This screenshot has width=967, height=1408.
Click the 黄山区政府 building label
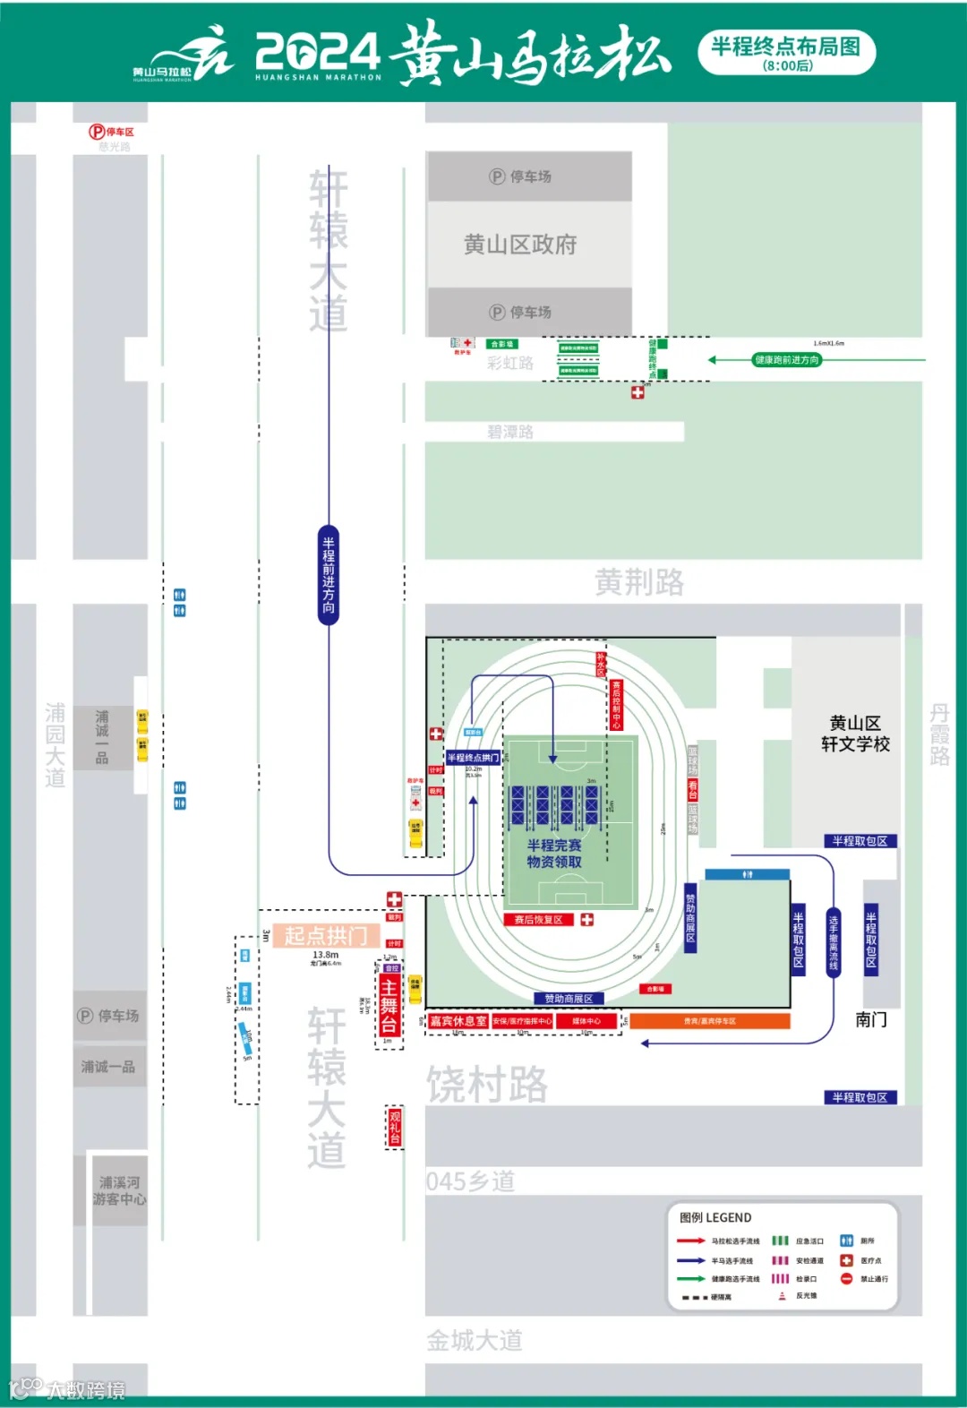point(520,245)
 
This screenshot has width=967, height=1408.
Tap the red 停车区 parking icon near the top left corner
point(97,132)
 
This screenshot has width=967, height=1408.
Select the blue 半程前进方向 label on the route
point(329,574)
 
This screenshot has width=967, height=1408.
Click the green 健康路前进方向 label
point(787,360)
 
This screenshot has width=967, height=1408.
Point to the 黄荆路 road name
point(639,583)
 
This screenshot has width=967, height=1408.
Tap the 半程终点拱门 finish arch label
point(473,758)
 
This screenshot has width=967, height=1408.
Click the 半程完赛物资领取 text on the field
point(554,854)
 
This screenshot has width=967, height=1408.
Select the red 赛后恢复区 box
point(538,920)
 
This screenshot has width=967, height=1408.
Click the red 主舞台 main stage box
point(389,1006)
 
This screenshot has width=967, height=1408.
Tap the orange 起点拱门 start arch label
point(326,936)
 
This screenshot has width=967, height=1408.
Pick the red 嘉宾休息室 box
point(458,1021)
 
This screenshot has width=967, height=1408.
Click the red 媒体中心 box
point(586,1021)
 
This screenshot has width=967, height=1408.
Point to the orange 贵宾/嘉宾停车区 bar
point(710,1021)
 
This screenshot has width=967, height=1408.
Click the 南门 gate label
point(870,1019)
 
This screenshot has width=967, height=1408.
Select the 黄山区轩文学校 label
point(855,734)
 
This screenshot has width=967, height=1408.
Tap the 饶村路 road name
point(487,1085)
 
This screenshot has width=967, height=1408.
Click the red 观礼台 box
point(394,1128)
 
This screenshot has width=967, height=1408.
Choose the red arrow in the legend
point(690,1241)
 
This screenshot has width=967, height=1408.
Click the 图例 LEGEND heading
point(715,1217)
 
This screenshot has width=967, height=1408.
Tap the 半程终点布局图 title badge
point(786,52)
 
